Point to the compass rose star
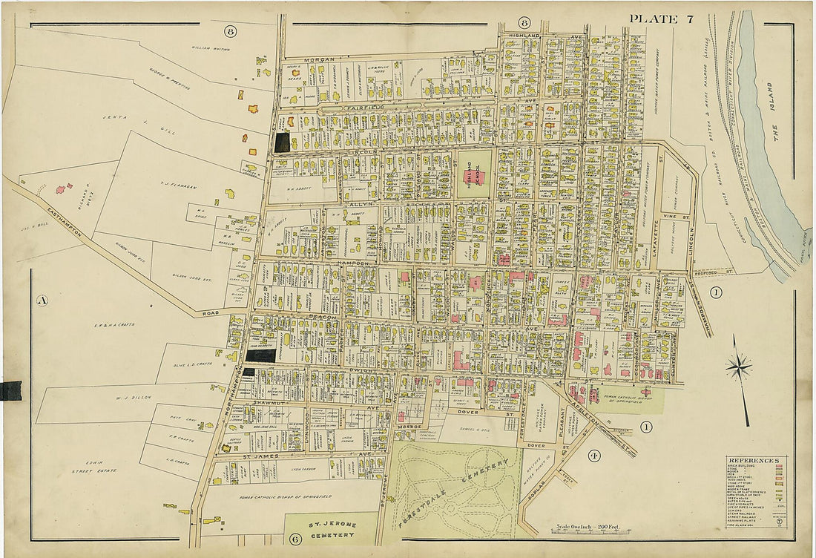[x=739, y=366]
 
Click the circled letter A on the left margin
[x=42, y=301]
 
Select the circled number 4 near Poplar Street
[x=593, y=455]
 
